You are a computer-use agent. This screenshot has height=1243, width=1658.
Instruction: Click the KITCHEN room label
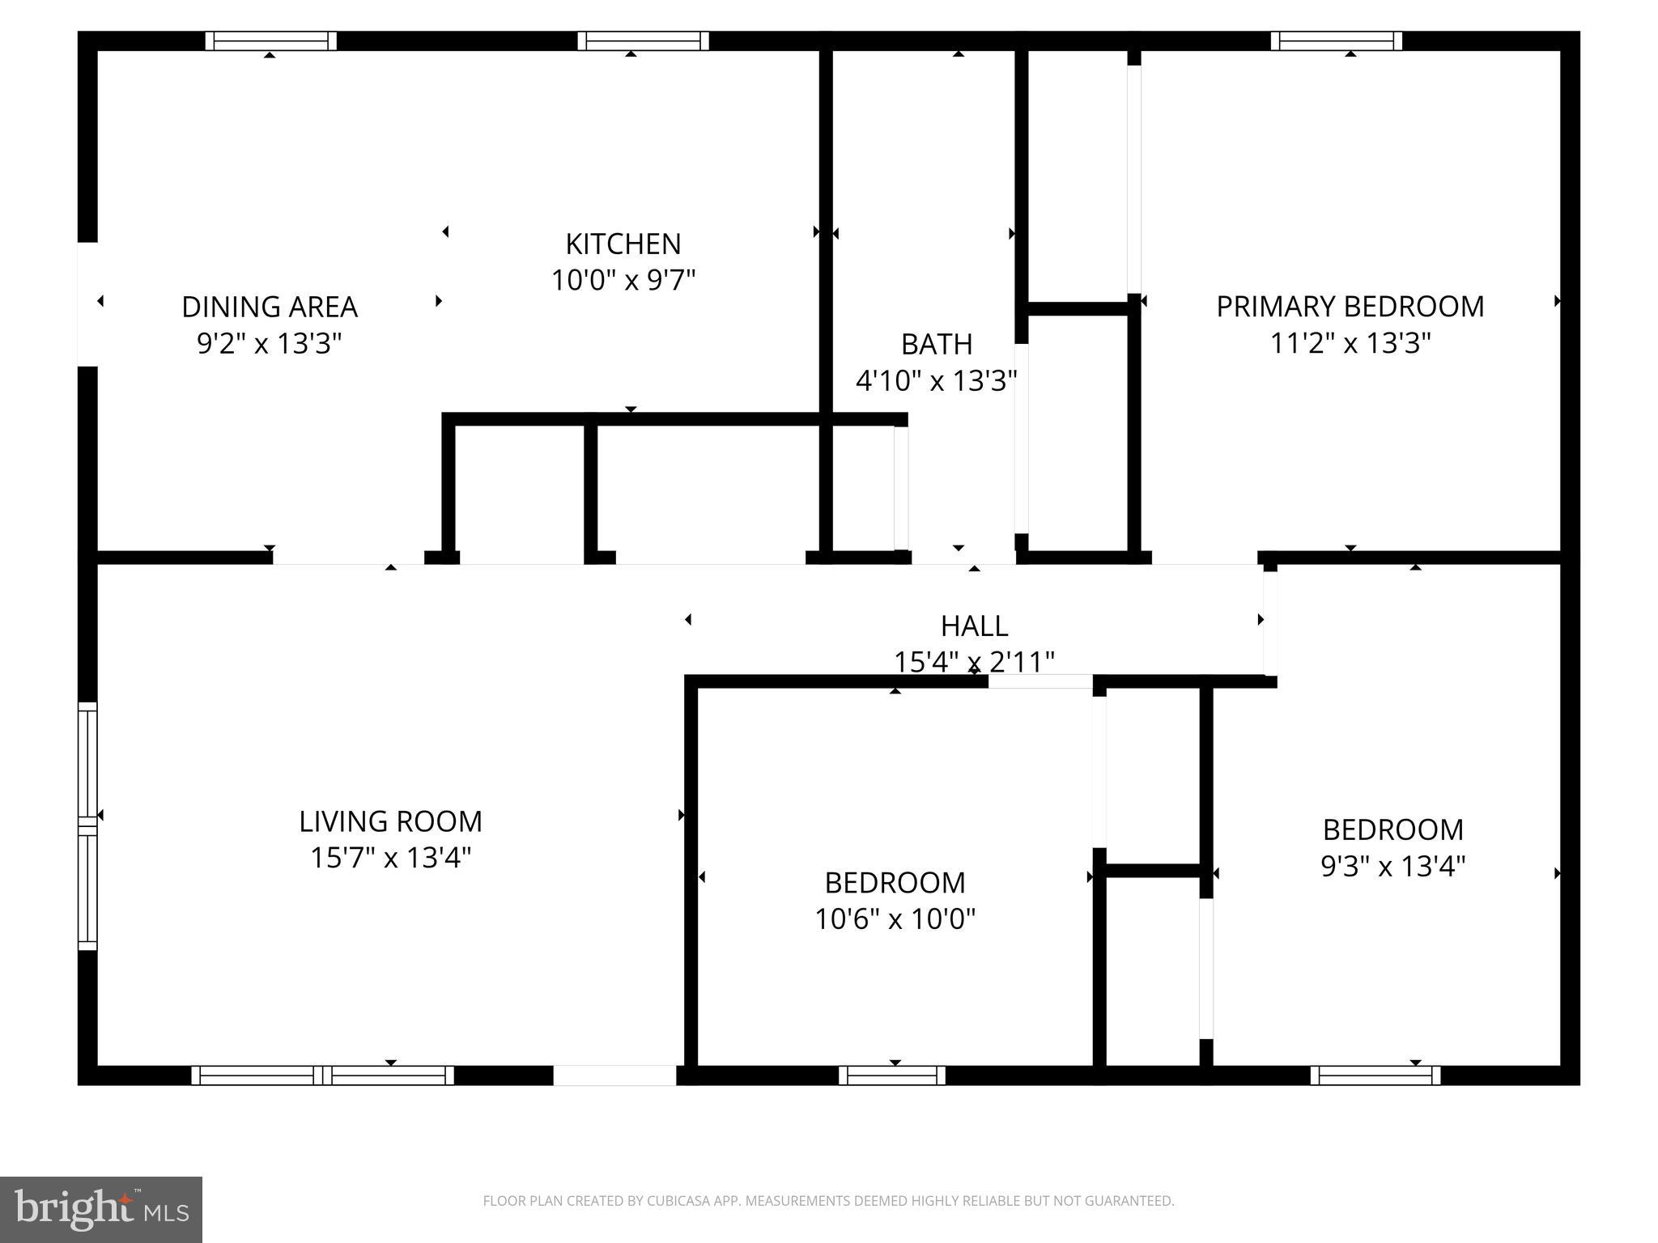coord(623,244)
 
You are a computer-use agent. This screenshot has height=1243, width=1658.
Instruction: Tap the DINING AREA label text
coord(269,307)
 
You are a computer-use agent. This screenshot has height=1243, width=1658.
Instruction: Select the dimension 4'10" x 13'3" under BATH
coord(936,380)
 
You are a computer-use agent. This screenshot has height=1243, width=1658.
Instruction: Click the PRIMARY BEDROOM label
coord(1350,307)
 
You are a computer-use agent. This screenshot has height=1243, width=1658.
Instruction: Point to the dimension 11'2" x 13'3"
coord(1350,343)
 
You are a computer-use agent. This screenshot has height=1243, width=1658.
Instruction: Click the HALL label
coord(974,626)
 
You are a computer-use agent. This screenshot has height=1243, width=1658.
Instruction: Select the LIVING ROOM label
coord(390,821)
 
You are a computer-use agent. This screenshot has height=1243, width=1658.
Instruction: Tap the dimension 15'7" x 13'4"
coord(390,858)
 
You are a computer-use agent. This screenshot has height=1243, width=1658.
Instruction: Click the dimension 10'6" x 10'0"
coord(895,919)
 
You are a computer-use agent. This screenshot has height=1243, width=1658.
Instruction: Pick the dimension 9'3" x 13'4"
coord(1392,867)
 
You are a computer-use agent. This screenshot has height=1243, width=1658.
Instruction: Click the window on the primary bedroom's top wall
coord(1336,40)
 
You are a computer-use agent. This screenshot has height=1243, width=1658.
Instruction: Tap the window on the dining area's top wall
coord(270,40)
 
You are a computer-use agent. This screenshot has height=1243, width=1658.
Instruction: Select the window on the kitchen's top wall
coord(643,40)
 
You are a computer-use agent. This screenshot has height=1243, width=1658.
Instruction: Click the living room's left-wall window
coord(87,825)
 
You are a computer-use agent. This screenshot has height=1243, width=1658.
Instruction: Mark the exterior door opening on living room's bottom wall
coord(614,1075)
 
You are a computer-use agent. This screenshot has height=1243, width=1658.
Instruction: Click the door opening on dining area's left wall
coord(87,304)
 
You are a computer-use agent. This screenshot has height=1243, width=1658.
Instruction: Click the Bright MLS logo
coord(101,1210)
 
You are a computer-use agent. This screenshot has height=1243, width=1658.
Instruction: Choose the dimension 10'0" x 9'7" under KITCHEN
coord(623,281)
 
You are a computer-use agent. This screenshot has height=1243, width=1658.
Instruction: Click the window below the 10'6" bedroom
coord(891,1075)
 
